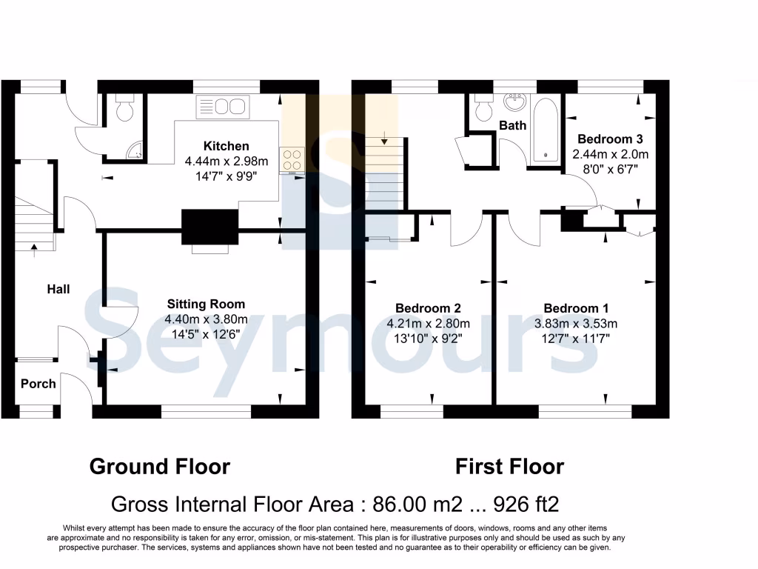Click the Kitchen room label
click(x=227, y=146)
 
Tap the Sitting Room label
click(x=206, y=304)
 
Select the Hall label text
click(x=58, y=289)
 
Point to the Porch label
click(x=38, y=383)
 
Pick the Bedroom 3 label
click(x=610, y=139)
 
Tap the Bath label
click(x=512, y=125)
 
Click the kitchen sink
click(x=221, y=107)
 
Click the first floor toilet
click(x=485, y=108)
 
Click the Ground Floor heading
click(x=159, y=466)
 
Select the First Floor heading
click(x=509, y=466)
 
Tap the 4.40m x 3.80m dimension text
click(x=206, y=319)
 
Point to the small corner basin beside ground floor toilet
click(x=134, y=152)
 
